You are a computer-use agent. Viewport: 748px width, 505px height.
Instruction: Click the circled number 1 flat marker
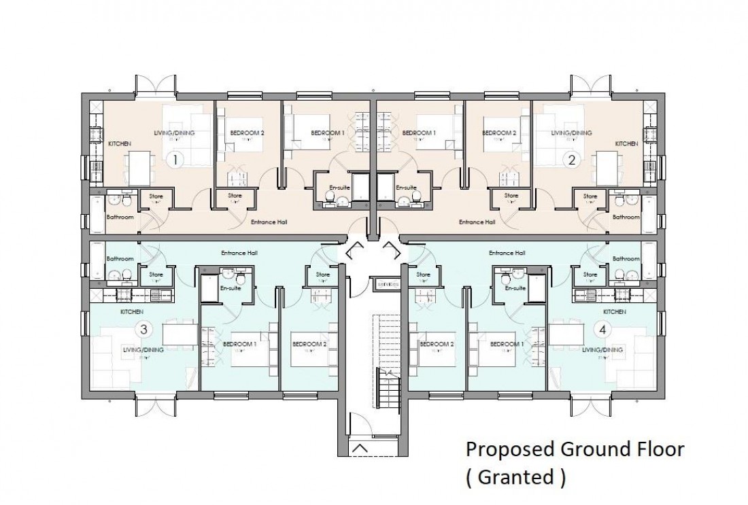[x=175, y=160]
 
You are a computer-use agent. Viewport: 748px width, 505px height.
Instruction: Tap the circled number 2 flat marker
[x=572, y=160]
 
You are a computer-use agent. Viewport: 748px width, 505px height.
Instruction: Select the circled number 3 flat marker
[x=143, y=329]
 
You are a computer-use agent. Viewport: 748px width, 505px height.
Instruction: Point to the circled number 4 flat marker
[x=601, y=329]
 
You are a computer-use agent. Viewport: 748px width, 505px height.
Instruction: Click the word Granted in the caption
[x=515, y=477]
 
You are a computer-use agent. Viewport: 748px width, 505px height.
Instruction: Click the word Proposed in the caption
[x=509, y=449]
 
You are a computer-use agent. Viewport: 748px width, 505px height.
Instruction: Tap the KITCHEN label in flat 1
[x=119, y=143]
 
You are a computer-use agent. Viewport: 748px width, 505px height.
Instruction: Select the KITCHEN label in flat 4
[x=613, y=311]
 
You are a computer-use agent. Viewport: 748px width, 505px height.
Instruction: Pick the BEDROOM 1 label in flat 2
[x=419, y=133]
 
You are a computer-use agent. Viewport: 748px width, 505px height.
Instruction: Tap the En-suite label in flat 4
[x=515, y=288]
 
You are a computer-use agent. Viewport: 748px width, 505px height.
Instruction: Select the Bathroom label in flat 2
[x=626, y=217]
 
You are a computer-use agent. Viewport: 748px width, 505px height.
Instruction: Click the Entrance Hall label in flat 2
[x=477, y=222]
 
